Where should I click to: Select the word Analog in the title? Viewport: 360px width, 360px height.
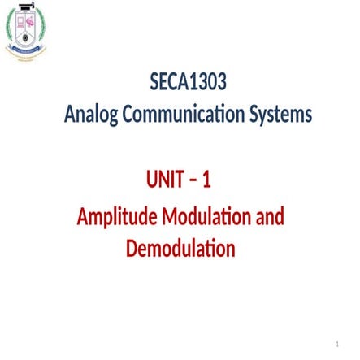[91, 115]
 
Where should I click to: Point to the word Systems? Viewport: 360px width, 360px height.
[281, 115]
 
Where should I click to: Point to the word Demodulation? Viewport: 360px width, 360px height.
[180, 248]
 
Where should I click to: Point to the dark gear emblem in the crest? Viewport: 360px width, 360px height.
[26, 37]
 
